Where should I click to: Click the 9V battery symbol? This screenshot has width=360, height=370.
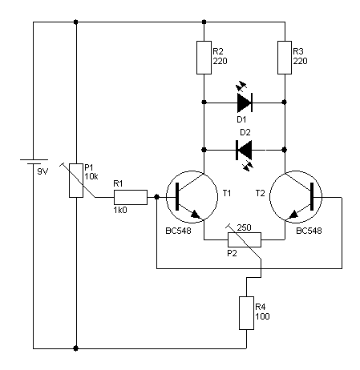[34, 162]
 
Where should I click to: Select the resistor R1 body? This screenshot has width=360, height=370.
[131, 197]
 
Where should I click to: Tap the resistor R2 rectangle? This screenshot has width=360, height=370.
[204, 58]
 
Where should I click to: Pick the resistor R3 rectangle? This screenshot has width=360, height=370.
[285, 58]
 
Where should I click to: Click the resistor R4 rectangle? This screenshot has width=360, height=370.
[246, 313]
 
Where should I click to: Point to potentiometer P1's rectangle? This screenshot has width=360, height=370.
[76, 180]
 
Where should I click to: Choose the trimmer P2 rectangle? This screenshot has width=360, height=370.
[245, 239]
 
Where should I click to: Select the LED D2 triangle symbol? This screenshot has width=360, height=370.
[244, 150]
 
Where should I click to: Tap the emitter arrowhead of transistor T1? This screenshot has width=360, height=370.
[195, 214]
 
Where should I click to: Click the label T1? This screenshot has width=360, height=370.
[227, 193]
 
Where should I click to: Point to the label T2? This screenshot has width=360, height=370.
[260, 193]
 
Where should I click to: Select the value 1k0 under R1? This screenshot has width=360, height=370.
[120, 211]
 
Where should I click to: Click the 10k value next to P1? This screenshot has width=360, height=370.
[91, 176]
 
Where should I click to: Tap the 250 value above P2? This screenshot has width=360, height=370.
[245, 227]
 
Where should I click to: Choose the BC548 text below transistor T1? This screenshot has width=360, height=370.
[179, 231]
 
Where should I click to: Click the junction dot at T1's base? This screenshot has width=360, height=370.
[157, 197]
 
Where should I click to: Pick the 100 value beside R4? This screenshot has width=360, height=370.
[262, 316]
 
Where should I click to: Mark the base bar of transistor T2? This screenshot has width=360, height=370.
[312, 197]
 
